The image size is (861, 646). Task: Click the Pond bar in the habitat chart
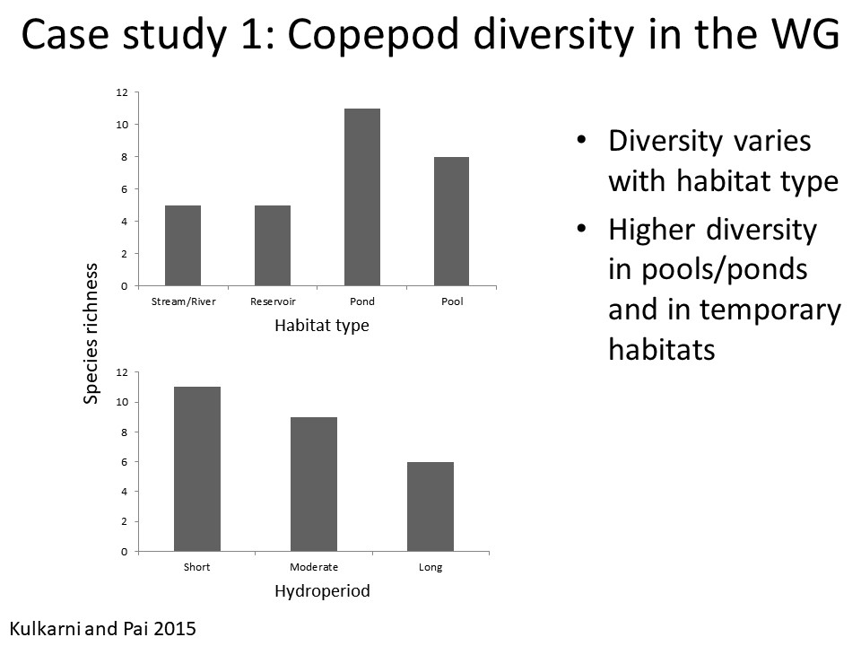[362, 197]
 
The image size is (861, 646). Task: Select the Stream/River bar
[183, 245]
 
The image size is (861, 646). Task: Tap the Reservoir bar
[273, 245]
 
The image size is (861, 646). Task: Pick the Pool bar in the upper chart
[452, 222]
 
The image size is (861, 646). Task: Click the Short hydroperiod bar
[197, 468]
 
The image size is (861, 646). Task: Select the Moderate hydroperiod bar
[314, 484]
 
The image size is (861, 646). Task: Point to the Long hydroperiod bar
[430, 506]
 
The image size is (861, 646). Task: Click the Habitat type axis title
[321, 326]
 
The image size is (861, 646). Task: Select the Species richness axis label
[91, 334]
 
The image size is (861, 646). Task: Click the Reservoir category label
[273, 301]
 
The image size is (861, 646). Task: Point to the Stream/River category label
[183, 301]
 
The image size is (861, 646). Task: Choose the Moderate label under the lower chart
[314, 567]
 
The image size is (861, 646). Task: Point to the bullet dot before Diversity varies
[582, 142]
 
